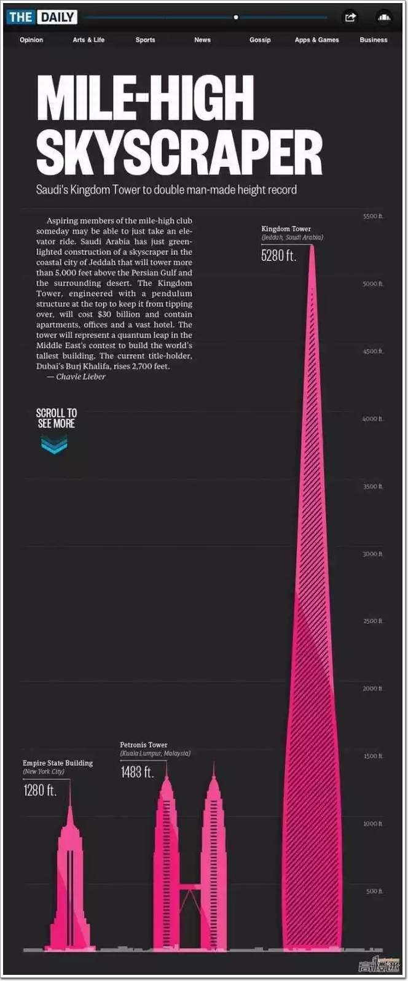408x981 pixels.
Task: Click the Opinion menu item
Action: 31,40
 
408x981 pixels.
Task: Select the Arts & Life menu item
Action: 88,40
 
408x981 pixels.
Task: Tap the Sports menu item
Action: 145,40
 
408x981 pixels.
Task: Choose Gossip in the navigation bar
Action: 260,40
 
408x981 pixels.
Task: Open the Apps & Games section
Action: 316,40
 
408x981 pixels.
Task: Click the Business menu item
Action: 374,40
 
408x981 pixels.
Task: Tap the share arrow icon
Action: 350,17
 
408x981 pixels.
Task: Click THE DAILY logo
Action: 42,17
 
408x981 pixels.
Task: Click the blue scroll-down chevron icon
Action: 54,444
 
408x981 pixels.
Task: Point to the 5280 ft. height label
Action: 278,255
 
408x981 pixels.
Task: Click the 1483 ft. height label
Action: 137,772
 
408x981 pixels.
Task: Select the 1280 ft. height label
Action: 40,790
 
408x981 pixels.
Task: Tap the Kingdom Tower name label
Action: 286,229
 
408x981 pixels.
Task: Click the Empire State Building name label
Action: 58,763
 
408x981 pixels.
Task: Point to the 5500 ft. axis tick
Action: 372,217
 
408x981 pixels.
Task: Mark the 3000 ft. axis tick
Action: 372,554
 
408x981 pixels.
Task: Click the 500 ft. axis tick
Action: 374,891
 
